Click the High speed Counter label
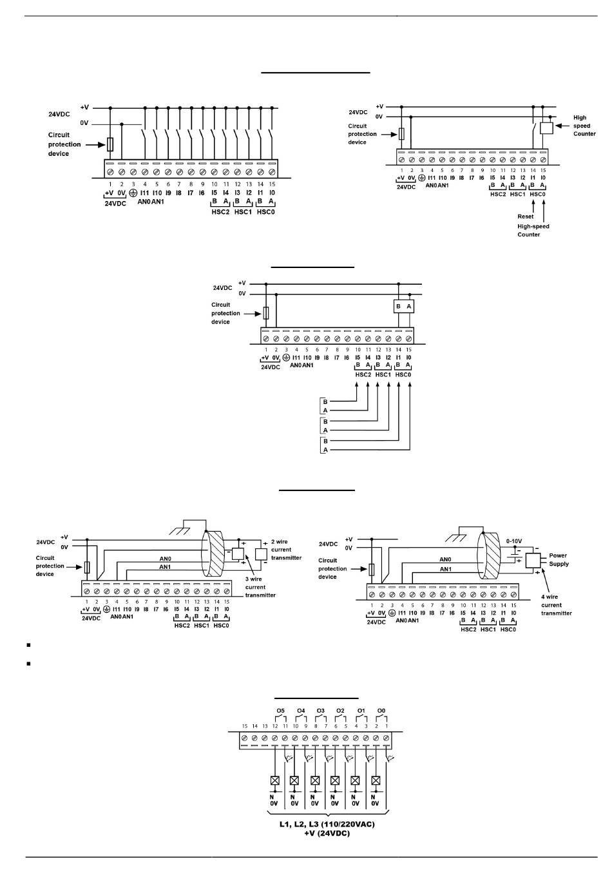pyautogui.click(x=584, y=126)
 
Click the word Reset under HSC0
pyautogui.click(x=525, y=216)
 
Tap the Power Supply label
pyautogui.click(x=559, y=559)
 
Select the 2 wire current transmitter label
pyautogui.click(x=285, y=550)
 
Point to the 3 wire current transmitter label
pyautogui.click(x=260, y=587)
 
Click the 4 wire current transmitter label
pyautogui.click(x=556, y=605)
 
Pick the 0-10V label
pyautogui.click(x=515, y=541)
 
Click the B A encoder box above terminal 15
pyautogui.click(x=403, y=307)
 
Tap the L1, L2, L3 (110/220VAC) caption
pyautogui.click(x=327, y=824)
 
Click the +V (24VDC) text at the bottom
pyautogui.click(x=327, y=833)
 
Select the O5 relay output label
pyautogui.click(x=280, y=711)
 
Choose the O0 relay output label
pyautogui.click(x=381, y=711)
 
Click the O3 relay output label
pyautogui.click(x=321, y=711)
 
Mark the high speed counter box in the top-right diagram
pyautogui.click(x=546, y=128)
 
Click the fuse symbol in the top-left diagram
pyautogui.click(x=110, y=144)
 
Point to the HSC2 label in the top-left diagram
pyautogui.click(x=220, y=211)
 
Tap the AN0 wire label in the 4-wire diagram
pyautogui.click(x=445, y=559)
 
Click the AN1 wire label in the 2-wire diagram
pyautogui.click(x=166, y=567)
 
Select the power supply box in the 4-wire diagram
pyautogui.click(x=532, y=559)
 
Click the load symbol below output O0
pyautogui.click(x=376, y=780)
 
